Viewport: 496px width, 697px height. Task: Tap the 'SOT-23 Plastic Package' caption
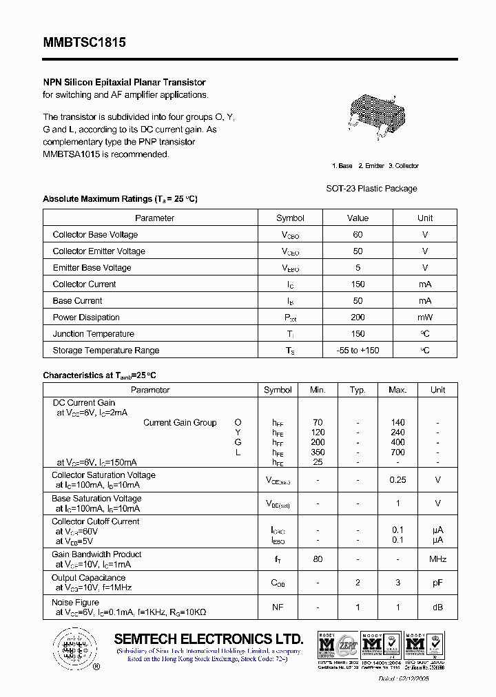[x=371, y=188]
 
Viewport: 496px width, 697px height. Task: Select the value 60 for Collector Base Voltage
[x=358, y=235]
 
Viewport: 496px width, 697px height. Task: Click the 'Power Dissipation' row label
[x=86, y=318]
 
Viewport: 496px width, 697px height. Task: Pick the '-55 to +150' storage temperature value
[x=358, y=351]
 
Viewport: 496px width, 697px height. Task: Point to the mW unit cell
[x=425, y=318]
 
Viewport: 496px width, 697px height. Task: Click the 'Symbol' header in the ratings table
[x=290, y=218]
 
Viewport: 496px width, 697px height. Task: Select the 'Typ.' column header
[x=358, y=390]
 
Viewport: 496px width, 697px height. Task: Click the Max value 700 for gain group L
[x=397, y=452]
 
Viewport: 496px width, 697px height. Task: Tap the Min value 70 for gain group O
[x=318, y=423]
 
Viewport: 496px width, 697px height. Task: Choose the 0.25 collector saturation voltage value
[x=397, y=480]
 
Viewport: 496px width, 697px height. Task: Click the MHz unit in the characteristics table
[x=437, y=559]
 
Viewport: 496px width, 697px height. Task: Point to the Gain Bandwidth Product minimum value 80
[x=318, y=559]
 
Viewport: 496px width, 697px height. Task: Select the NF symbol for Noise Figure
[x=278, y=607]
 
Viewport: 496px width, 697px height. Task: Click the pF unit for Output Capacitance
[x=437, y=583]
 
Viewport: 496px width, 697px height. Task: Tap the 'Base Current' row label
[x=77, y=301]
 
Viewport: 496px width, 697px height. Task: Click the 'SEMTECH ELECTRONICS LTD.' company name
[x=208, y=638]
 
